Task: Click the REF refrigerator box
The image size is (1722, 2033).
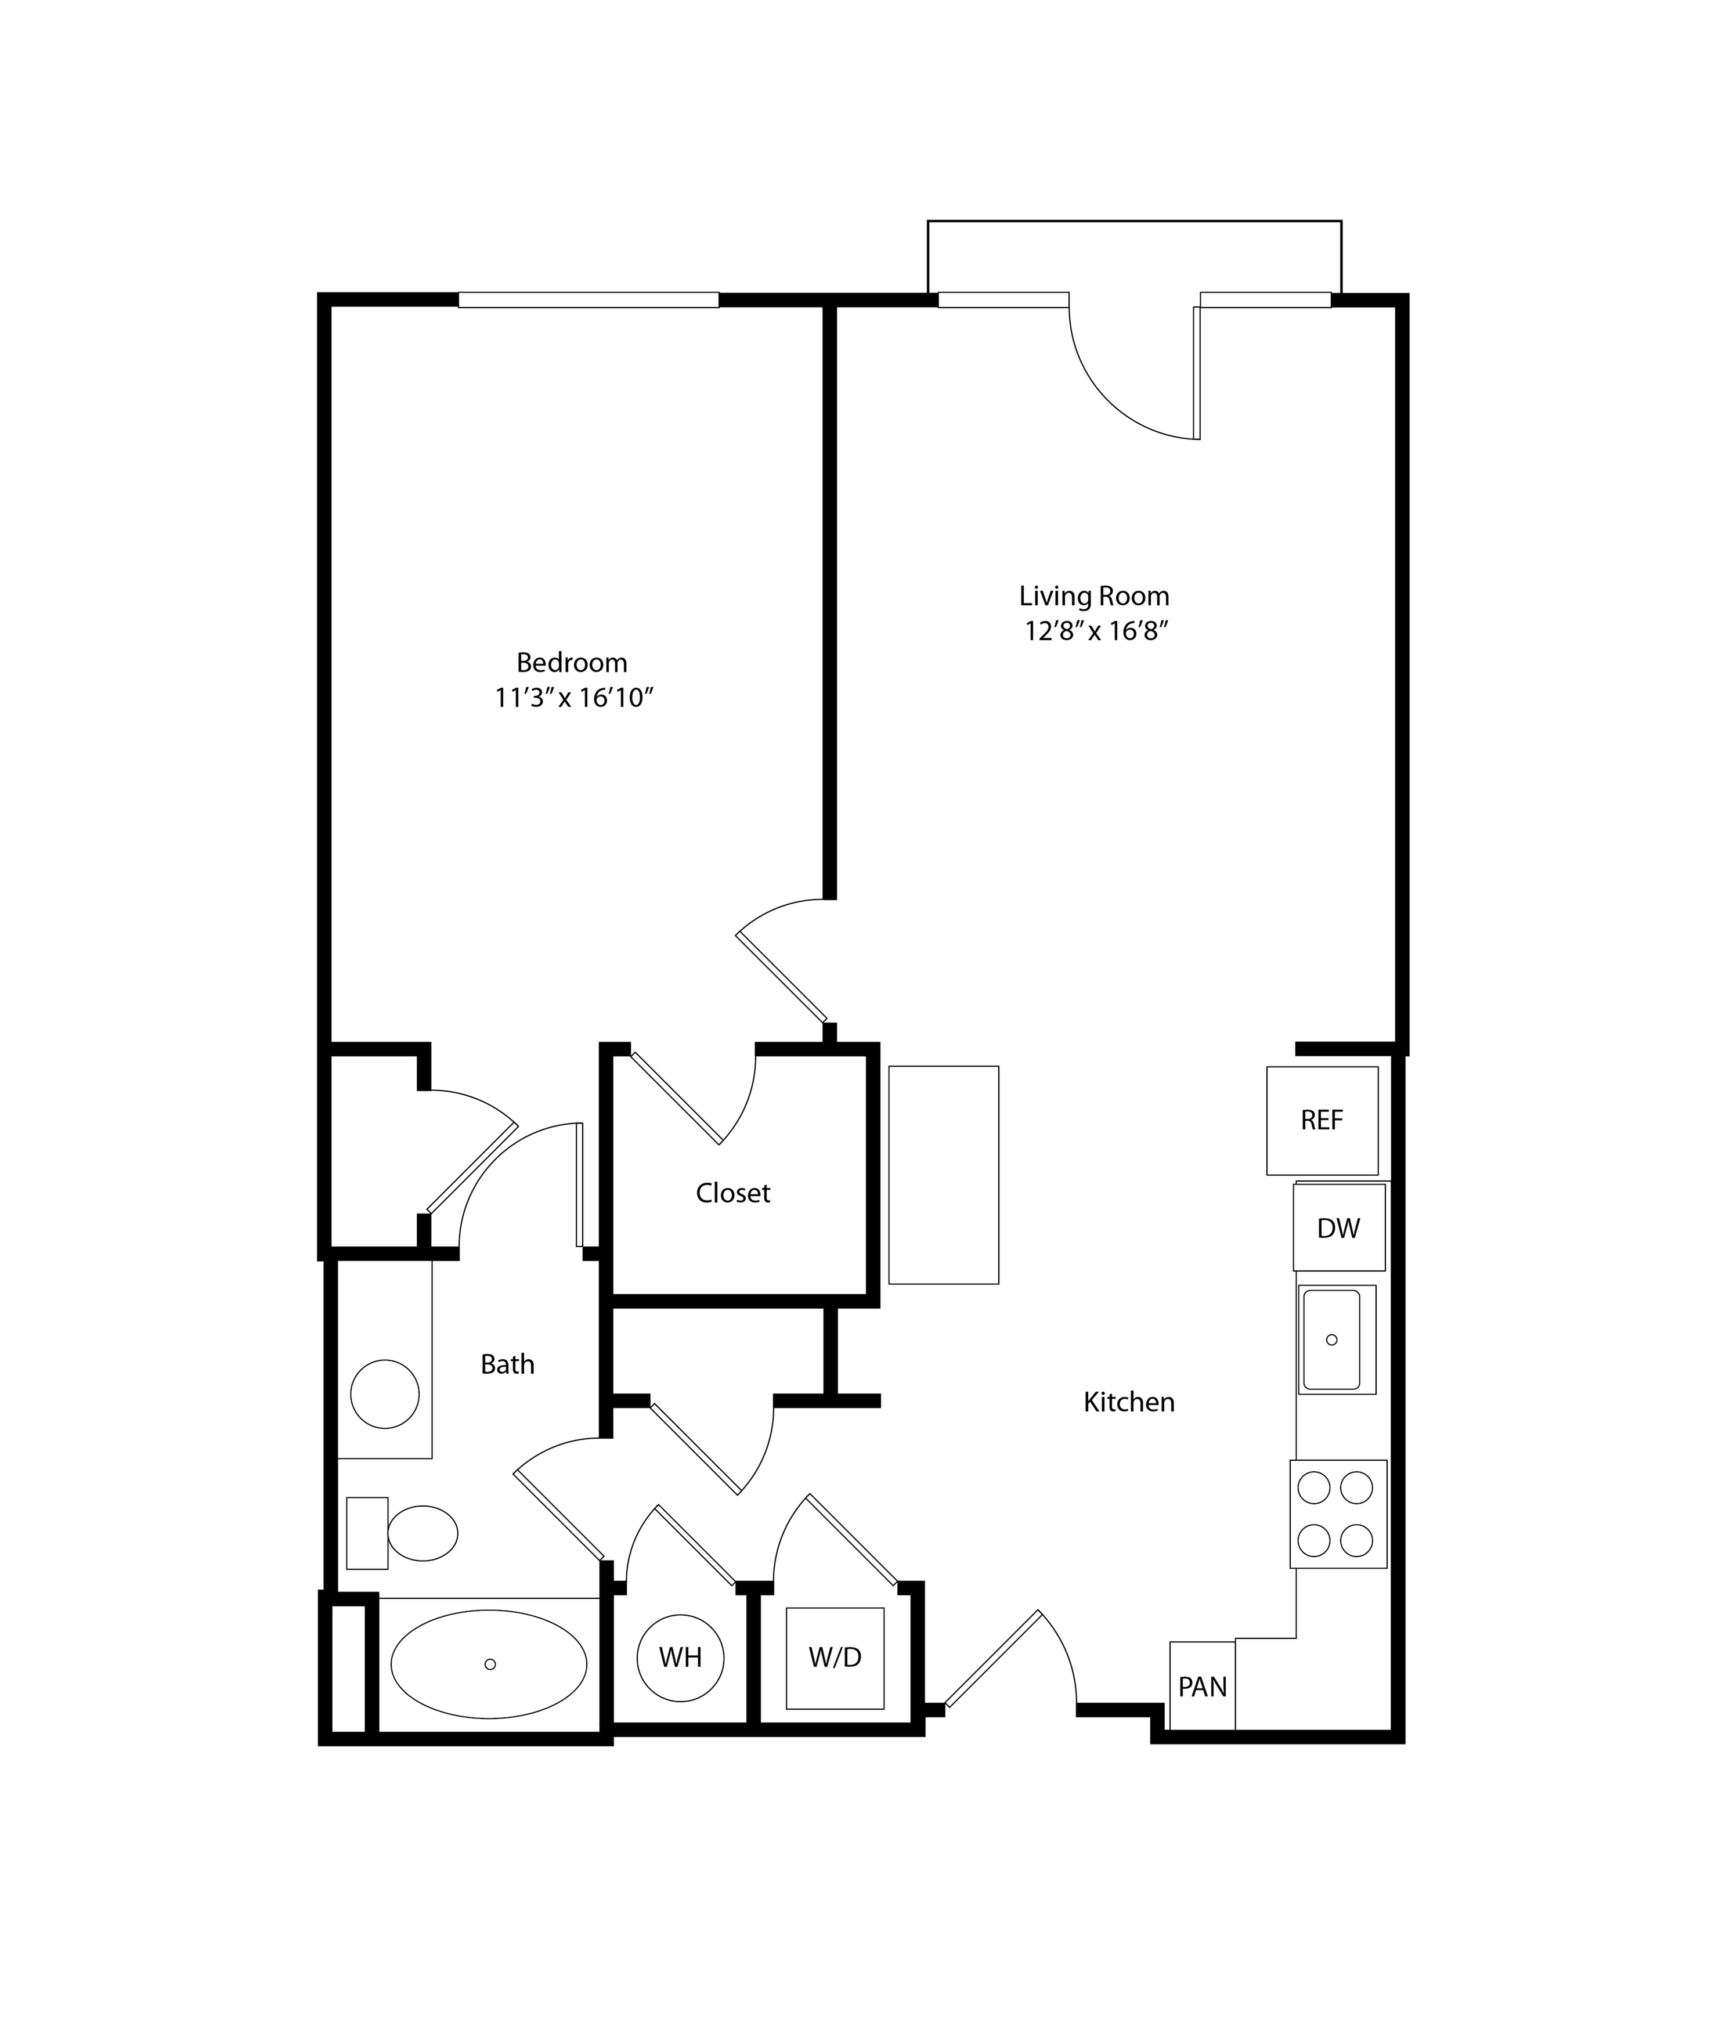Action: pos(1323,1121)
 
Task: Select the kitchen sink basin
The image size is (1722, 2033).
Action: pos(1331,1339)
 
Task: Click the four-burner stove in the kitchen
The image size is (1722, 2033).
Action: pos(1338,1514)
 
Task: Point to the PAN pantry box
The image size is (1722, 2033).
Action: pos(1203,1687)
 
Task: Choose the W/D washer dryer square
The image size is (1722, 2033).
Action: pos(836,1658)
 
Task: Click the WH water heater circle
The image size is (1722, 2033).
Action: pos(680,1658)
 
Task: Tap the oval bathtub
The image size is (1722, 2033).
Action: pos(489,1664)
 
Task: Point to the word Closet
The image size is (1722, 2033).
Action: pos(733,1193)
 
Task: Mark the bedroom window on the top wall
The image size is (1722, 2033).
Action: pos(589,299)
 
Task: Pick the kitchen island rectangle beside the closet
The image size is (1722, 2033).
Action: pos(944,1175)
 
